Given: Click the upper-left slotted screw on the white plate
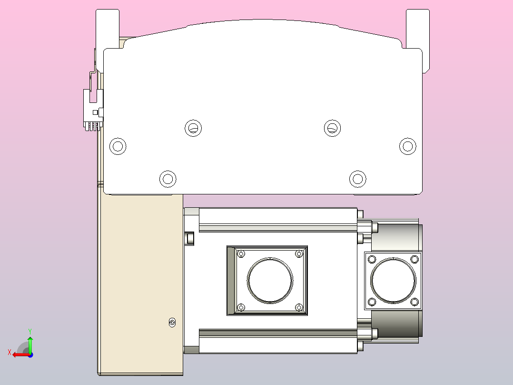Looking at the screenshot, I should click(x=193, y=128).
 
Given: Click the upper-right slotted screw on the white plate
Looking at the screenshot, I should click(x=332, y=128).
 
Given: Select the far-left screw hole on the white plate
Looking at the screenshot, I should click(x=118, y=146).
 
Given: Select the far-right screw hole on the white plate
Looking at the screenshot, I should click(x=407, y=146).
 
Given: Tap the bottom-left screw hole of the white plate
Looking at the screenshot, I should click(x=168, y=179).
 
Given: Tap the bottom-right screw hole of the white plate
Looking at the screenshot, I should click(x=357, y=179).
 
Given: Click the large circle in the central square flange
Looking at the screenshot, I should click(x=270, y=280).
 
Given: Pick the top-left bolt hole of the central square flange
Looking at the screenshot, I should click(x=241, y=253).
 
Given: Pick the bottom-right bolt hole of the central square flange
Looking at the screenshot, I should click(x=299, y=308).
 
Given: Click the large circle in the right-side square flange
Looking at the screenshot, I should click(x=393, y=280).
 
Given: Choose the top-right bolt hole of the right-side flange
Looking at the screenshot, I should click(x=414, y=259).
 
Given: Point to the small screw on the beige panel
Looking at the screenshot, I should click(x=172, y=323).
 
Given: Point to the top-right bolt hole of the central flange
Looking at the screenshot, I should click(x=299, y=253).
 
